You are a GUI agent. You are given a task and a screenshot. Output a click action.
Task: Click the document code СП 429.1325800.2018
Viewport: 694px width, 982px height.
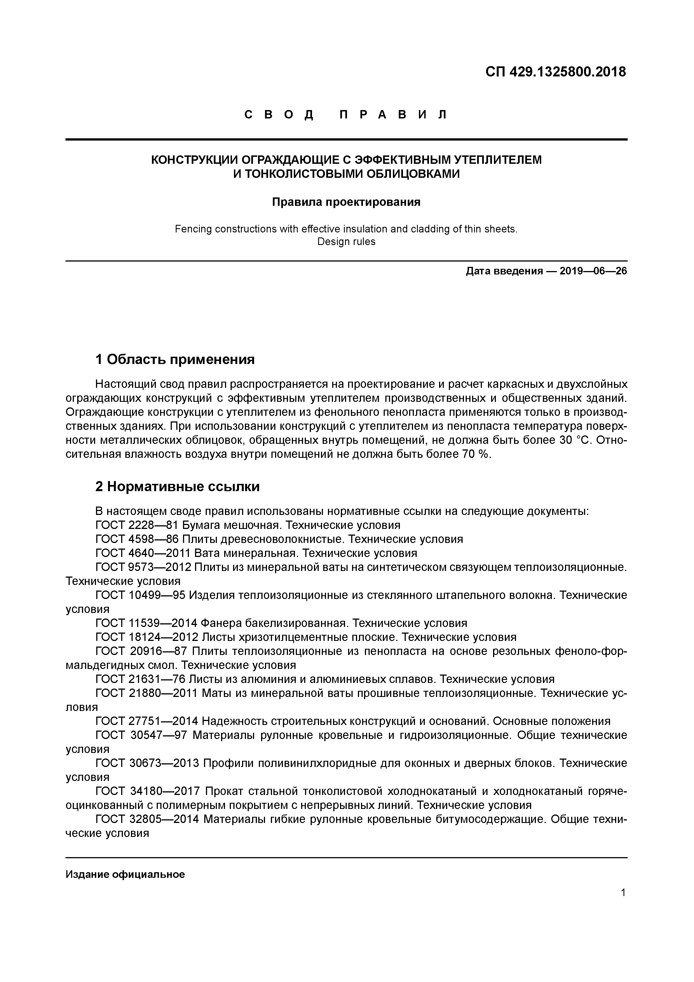[555, 72]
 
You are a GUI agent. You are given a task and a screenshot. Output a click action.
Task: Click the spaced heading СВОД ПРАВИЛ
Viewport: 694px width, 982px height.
[346, 115]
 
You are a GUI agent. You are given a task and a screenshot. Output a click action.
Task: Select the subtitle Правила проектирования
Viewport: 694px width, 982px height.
[346, 202]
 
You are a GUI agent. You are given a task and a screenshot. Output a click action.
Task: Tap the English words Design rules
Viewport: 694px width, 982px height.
[346, 242]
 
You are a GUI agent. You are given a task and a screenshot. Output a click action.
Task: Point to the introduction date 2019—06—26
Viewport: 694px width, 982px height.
[593, 271]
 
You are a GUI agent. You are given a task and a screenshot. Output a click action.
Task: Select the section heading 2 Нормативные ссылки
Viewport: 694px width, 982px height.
[177, 487]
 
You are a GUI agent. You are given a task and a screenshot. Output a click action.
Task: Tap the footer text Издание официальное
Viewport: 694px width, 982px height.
[125, 874]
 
